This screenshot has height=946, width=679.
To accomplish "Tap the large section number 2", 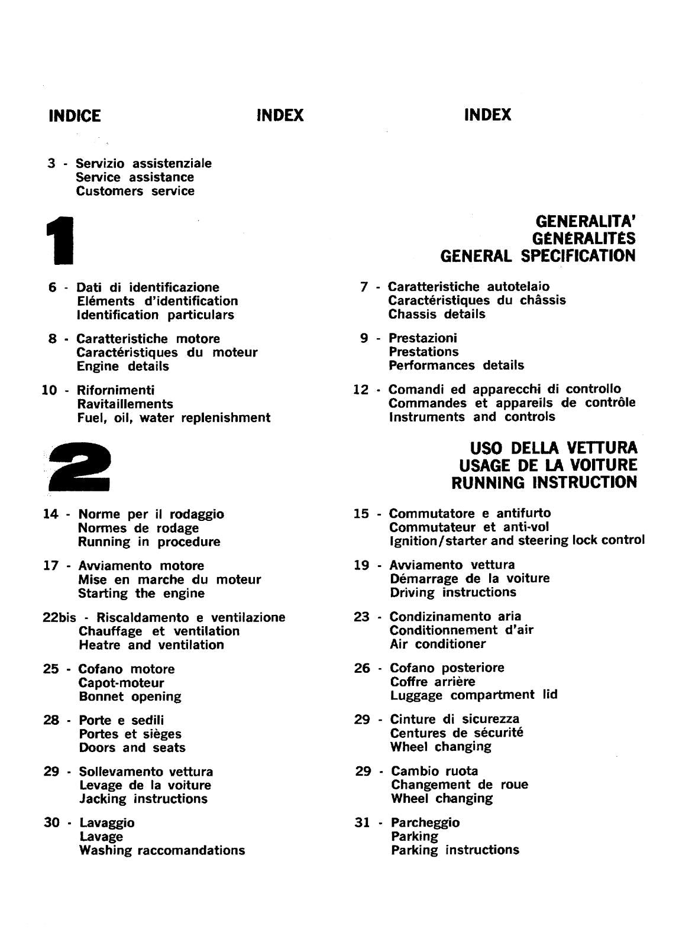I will (x=79, y=467).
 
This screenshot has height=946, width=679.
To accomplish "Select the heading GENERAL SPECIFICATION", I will (x=538, y=256).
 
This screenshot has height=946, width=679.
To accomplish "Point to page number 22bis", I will (x=59, y=618).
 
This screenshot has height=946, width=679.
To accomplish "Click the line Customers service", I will (x=135, y=191).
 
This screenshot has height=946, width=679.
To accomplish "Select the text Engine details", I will (x=122, y=367).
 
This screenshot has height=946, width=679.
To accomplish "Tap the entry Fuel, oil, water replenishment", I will (x=173, y=418).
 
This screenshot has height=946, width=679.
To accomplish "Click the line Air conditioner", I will (x=438, y=644).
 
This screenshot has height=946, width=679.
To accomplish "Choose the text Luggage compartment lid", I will (x=473, y=695).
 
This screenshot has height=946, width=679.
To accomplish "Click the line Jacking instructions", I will (x=143, y=799).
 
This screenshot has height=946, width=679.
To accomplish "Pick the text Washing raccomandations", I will (x=161, y=851).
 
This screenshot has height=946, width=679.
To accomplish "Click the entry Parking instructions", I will (x=455, y=850).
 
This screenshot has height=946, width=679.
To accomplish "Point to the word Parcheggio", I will (x=425, y=823).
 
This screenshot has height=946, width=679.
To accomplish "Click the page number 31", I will (x=362, y=823).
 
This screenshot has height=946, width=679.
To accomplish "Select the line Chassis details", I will (x=436, y=315).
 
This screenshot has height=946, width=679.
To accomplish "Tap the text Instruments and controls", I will (x=472, y=417).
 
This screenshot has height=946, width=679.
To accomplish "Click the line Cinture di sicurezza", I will (x=454, y=720).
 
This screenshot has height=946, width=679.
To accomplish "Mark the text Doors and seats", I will (x=132, y=748).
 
